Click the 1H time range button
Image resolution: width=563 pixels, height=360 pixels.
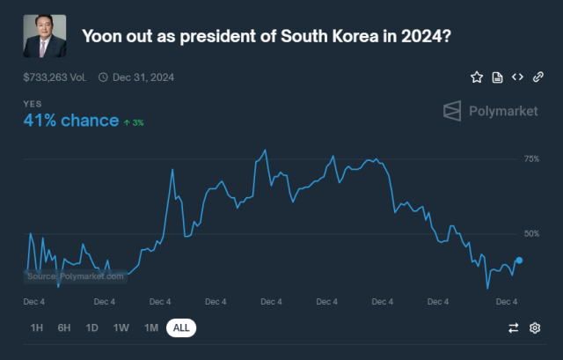(x=37, y=328)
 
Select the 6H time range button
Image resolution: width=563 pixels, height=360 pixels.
(x=64, y=328)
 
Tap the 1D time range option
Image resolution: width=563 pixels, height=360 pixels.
(x=91, y=328)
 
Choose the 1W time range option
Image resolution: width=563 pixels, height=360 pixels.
(x=121, y=328)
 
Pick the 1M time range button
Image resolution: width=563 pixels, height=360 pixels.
(x=151, y=328)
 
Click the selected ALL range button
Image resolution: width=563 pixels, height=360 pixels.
(x=181, y=328)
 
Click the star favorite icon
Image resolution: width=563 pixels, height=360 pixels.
(x=477, y=77)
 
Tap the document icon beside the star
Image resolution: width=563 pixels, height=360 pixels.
(x=497, y=77)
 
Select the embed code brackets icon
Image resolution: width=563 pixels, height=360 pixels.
(x=517, y=77)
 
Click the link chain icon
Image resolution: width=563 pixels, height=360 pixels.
(x=537, y=77)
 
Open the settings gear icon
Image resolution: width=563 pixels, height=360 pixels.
(x=535, y=328)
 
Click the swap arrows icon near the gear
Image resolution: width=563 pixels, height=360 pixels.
(x=514, y=328)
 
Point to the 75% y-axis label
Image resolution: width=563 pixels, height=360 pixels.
(x=531, y=159)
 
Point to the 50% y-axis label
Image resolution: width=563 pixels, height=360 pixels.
(x=531, y=234)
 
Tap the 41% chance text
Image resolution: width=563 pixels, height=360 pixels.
(x=71, y=121)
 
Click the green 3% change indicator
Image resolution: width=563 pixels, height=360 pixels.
(x=134, y=122)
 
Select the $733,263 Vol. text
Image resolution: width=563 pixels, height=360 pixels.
(x=55, y=77)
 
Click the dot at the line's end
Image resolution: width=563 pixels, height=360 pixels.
(x=519, y=261)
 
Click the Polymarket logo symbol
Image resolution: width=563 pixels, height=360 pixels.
(x=451, y=111)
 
